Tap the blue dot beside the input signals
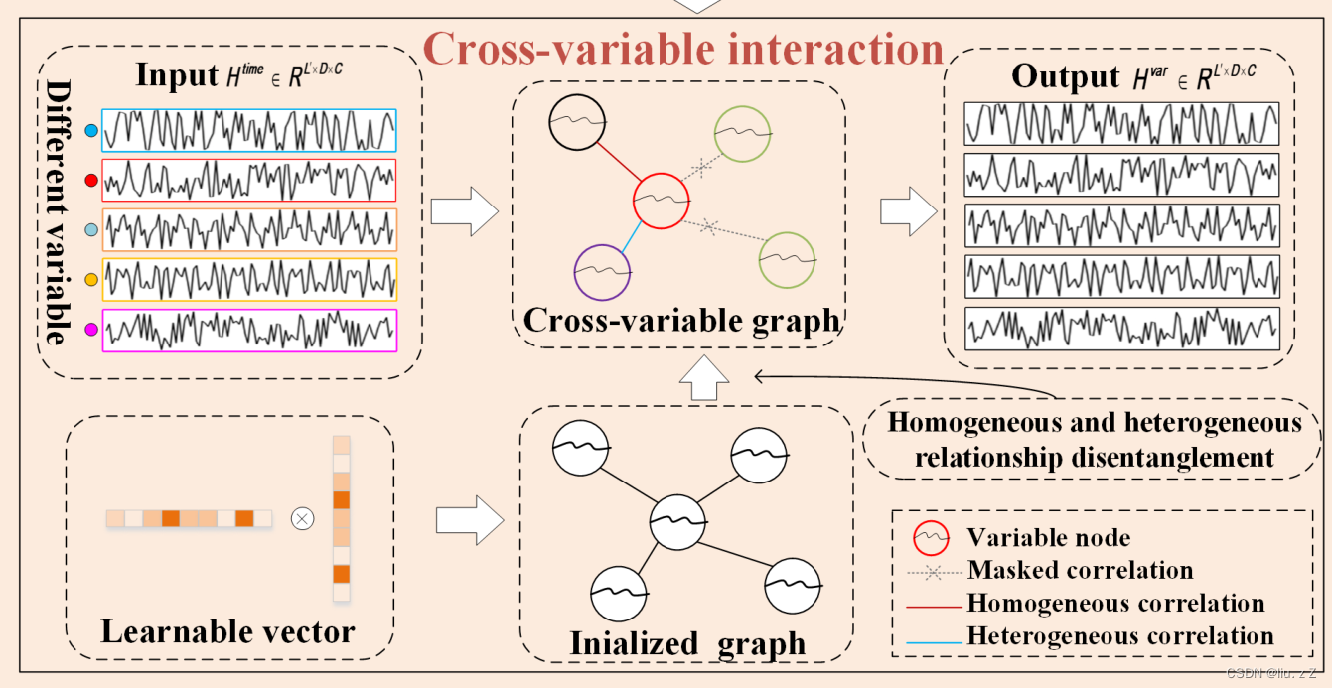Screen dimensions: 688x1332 (91, 130)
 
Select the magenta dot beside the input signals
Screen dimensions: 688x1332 (91, 330)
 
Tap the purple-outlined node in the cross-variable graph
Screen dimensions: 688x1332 (602, 270)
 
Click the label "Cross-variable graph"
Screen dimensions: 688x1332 (681, 321)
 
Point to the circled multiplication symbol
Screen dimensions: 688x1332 (301, 518)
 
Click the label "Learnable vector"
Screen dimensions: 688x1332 (227, 631)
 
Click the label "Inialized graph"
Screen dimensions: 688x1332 (687, 643)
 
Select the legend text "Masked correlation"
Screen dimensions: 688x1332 (1080, 571)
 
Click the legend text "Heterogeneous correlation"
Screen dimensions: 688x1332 (1120, 635)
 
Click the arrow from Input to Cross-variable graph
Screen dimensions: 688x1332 (465, 211)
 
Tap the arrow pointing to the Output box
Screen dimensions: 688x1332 (908, 211)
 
